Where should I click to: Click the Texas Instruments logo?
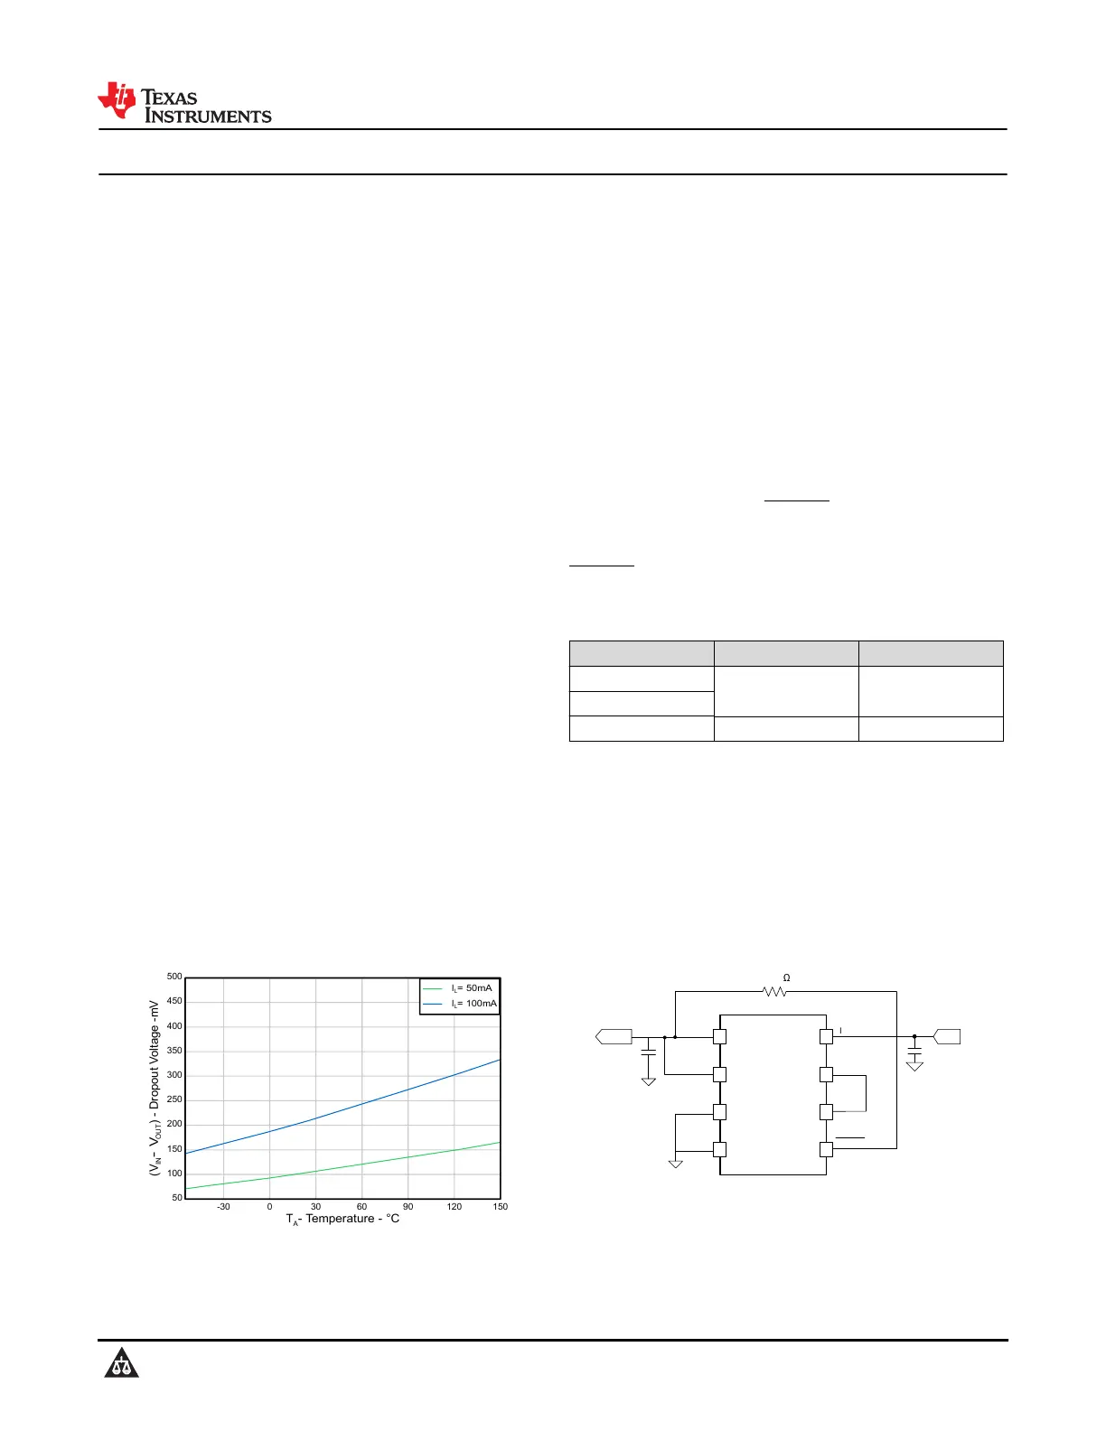pos(184,103)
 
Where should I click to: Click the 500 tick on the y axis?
pos(173,977)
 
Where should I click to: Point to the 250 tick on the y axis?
pos(173,1099)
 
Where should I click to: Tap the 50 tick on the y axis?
pos(176,1197)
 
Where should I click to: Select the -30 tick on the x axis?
pos(223,1206)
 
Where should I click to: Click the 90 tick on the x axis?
pos(408,1206)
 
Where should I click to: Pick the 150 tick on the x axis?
pos(500,1206)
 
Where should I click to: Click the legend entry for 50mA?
pos(458,988)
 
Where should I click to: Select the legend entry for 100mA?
pos(460,1004)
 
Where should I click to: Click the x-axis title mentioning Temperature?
pos(342,1219)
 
